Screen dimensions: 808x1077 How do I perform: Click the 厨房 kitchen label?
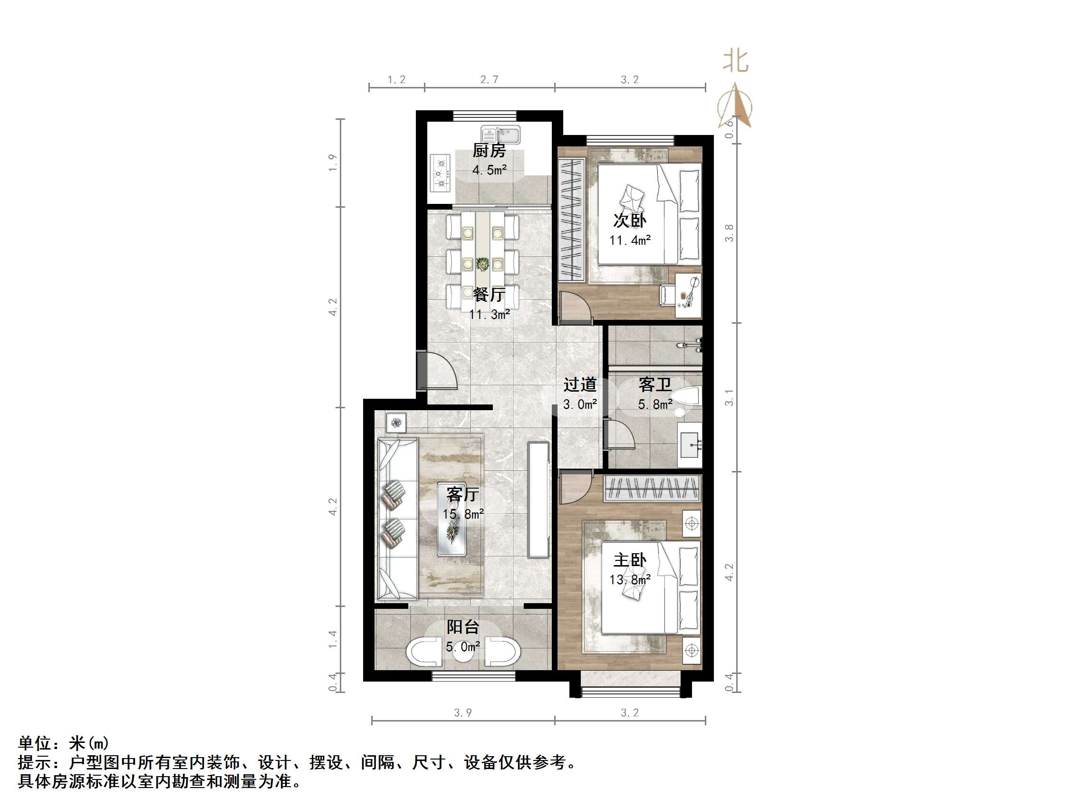point(489,151)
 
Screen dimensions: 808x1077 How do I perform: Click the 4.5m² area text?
point(489,170)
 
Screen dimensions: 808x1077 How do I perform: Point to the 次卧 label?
point(630,221)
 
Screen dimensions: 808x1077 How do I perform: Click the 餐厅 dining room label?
point(489,294)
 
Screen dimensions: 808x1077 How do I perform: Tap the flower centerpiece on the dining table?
point(482,264)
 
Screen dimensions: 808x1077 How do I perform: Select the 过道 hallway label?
point(579,385)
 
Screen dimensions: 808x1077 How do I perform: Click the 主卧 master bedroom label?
point(630,560)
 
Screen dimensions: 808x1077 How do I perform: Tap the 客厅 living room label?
point(462,494)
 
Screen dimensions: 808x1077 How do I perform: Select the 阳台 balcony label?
point(462,627)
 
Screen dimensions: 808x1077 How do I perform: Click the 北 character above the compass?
point(735,61)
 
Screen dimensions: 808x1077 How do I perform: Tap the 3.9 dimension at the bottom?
point(462,713)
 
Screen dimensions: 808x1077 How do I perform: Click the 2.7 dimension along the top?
point(489,79)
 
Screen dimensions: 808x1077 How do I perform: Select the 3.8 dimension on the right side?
point(729,233)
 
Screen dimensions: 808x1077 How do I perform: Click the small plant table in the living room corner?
point(396,422)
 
